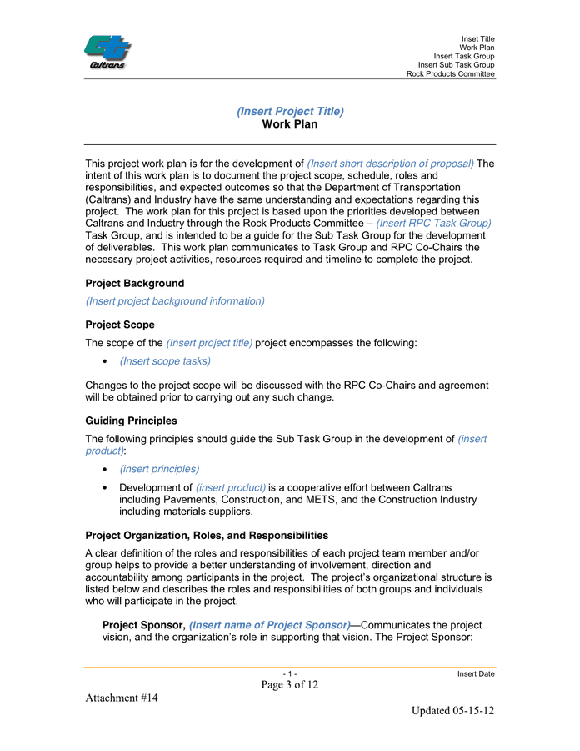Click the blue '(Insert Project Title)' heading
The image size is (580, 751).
[290, 111]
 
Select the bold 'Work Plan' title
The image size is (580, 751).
[290, 124]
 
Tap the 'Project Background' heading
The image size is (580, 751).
[134, 283]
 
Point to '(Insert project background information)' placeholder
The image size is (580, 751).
[175, 300]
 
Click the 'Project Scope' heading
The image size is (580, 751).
[119, 324]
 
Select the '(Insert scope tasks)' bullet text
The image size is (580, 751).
[165, 360]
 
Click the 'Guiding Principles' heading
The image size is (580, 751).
[131, 421]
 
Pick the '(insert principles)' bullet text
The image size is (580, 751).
[159, 469]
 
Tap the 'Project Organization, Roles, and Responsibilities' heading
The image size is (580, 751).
[207, 535]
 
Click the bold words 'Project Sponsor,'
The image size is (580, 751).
[143, 625]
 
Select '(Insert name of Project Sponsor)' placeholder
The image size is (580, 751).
[270, 625]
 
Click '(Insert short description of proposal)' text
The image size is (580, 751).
[390, 164]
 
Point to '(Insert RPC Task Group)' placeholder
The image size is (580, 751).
[433, 224]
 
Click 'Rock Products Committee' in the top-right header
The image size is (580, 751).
[450, 74]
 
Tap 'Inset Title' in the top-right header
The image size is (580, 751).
[477, 39]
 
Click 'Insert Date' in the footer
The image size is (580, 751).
[476, 673]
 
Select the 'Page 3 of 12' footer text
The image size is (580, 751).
[290, 685]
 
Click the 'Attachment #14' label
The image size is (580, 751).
[122, 698]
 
